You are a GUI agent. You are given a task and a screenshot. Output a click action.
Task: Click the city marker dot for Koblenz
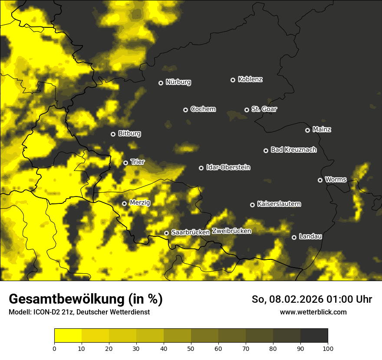pos(233,80)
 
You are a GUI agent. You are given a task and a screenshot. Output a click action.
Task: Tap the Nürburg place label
pos(178,82)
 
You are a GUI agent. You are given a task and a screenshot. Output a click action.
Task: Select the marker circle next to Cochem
pos(185,110)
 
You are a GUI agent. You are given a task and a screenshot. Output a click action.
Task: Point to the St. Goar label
pos(264,109)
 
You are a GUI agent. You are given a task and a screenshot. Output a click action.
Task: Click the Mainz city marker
pos(307,130)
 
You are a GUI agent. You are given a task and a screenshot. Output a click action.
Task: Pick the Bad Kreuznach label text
pos(293,150)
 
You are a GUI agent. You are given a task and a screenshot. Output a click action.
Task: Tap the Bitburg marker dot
pos(113,134)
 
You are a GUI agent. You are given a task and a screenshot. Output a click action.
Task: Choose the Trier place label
pos(138,162)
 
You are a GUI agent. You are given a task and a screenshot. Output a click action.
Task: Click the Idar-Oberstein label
pos(228,167)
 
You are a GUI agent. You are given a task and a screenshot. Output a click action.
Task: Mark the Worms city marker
pos(320,180)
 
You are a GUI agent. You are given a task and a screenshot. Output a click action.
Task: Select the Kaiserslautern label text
pos(279,204)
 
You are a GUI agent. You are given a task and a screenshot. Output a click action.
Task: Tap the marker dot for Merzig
pos(124,203)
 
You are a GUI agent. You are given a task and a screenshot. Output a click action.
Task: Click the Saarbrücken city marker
pos(166,233)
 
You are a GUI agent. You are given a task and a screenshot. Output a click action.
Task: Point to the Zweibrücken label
pos(232,231)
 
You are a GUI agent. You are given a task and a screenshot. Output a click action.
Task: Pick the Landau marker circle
pos(294,237)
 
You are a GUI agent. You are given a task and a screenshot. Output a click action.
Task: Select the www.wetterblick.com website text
pos(313,312)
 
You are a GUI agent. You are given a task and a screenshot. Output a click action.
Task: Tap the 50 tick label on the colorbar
pos(191,348)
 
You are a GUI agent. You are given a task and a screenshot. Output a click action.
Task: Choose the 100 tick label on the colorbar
pos(328,348)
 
